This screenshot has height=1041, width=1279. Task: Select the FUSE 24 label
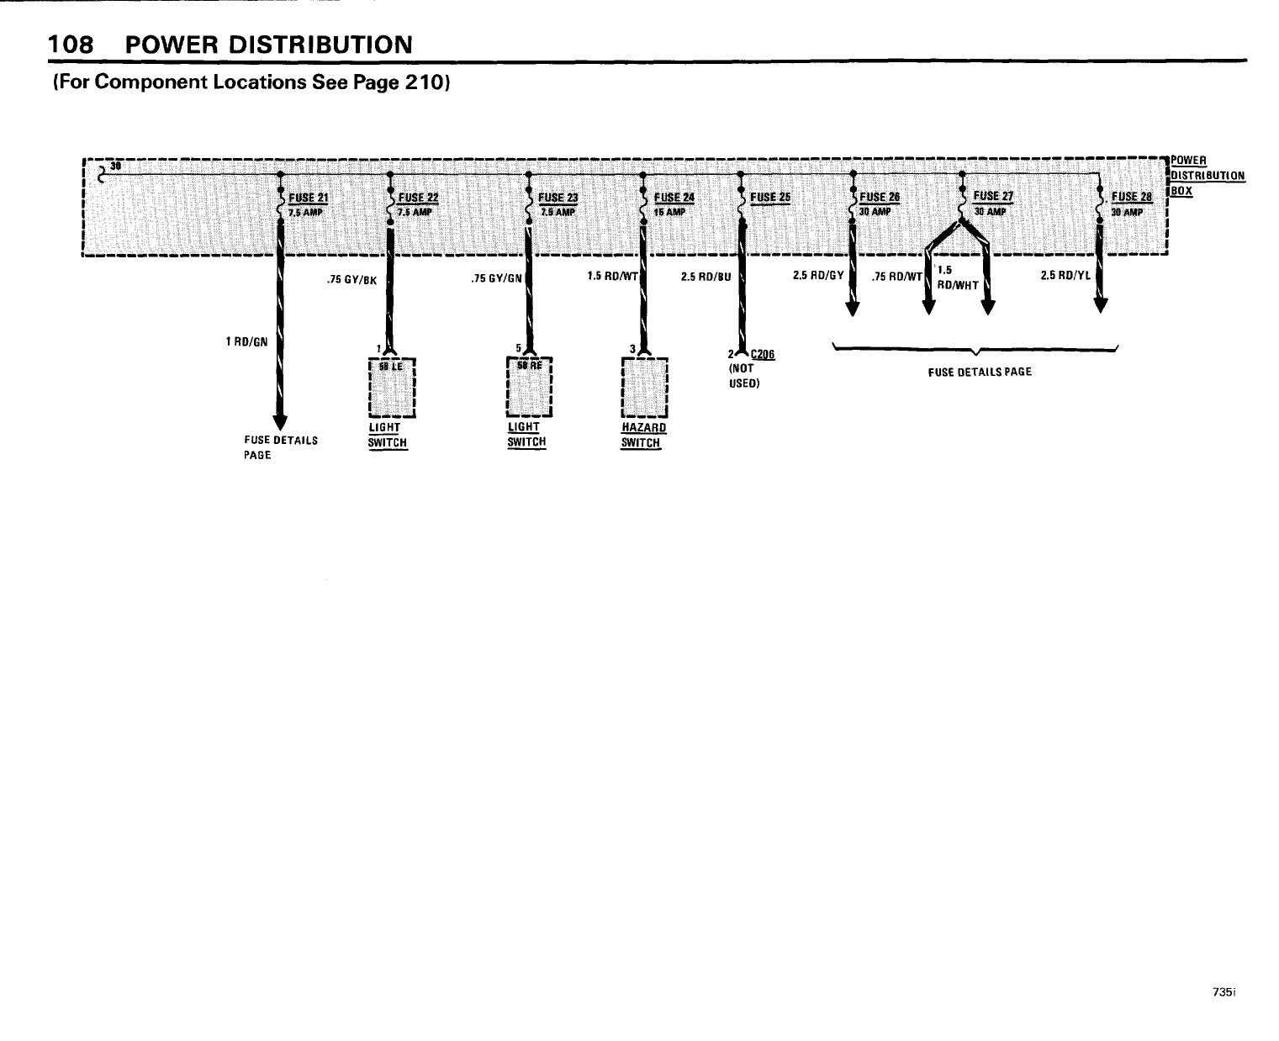pyautogui.click(x=674, y=198)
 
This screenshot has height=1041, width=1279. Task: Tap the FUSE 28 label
pyautogui.click(x=1131, y=198)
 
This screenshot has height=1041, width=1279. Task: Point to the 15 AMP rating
pyautogui.click(x=670, y=212)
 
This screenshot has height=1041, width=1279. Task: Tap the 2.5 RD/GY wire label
pyautogui.click(x=817, y=274)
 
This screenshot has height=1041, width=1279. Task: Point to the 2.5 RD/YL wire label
pyautogui.click(x=1065, y=274)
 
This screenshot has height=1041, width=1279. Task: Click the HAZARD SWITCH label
pyautogui.click(x=642, y=435)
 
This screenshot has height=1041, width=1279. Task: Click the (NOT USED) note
pyautogui.click(x=743, y=375)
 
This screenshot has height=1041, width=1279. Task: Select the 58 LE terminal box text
pyautogui.click(x=392, y=367)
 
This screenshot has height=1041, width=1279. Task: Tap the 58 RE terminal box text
pyautogui.click(x=528, y=365)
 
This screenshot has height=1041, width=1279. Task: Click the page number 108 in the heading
pyautogui.click(x=69, y=44)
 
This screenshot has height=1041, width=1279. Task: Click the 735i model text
pyautogui.click(x=1224, y=992)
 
